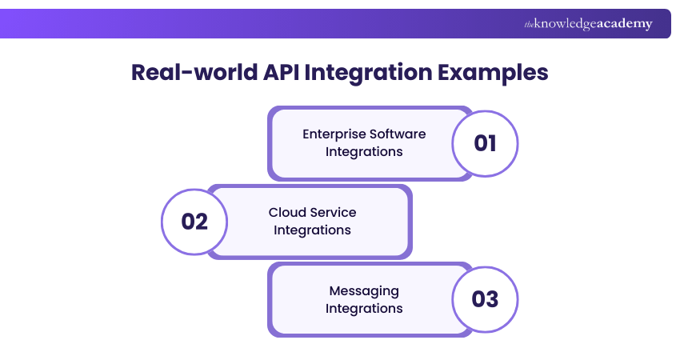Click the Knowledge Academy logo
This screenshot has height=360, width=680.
coord(588,24)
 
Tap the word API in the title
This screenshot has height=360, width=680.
coord(286,72)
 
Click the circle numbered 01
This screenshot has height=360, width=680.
coord(485,143)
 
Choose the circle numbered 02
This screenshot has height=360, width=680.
coord(194,222)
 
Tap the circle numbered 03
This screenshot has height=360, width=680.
coord(485,299)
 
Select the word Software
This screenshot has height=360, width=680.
coord(397,134)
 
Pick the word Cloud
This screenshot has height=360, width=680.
coord(286,212)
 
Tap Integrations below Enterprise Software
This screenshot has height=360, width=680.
coord(364,151)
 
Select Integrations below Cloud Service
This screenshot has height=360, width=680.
coord(312,230)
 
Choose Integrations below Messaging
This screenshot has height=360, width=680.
coord(364,308)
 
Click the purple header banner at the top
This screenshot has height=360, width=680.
coord(240,23)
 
